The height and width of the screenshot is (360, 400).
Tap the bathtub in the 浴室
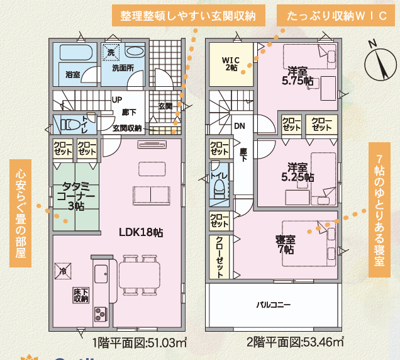point(76,52)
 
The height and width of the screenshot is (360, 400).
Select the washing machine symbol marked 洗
point(111,52)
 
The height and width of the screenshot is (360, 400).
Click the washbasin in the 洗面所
point(135,51)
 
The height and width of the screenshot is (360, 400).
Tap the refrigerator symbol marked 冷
point(63,271)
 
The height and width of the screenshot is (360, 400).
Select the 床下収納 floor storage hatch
point(81,295)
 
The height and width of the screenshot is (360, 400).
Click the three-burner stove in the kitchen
point(101,314)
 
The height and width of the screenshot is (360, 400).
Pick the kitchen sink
point(101,274)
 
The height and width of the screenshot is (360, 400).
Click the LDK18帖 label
point(141,232)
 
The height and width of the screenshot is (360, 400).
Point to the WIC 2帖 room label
point(231,64)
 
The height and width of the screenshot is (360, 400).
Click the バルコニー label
point(273,305)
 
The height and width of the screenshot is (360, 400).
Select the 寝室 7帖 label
point(286,245)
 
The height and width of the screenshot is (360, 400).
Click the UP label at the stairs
point(117,100)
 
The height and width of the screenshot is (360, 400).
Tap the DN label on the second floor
point(240,126)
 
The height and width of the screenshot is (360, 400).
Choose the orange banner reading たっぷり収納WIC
point(336,16)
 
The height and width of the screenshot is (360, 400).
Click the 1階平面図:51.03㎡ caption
point(139,342)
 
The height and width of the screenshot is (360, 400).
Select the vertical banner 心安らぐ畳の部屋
point(20,213)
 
